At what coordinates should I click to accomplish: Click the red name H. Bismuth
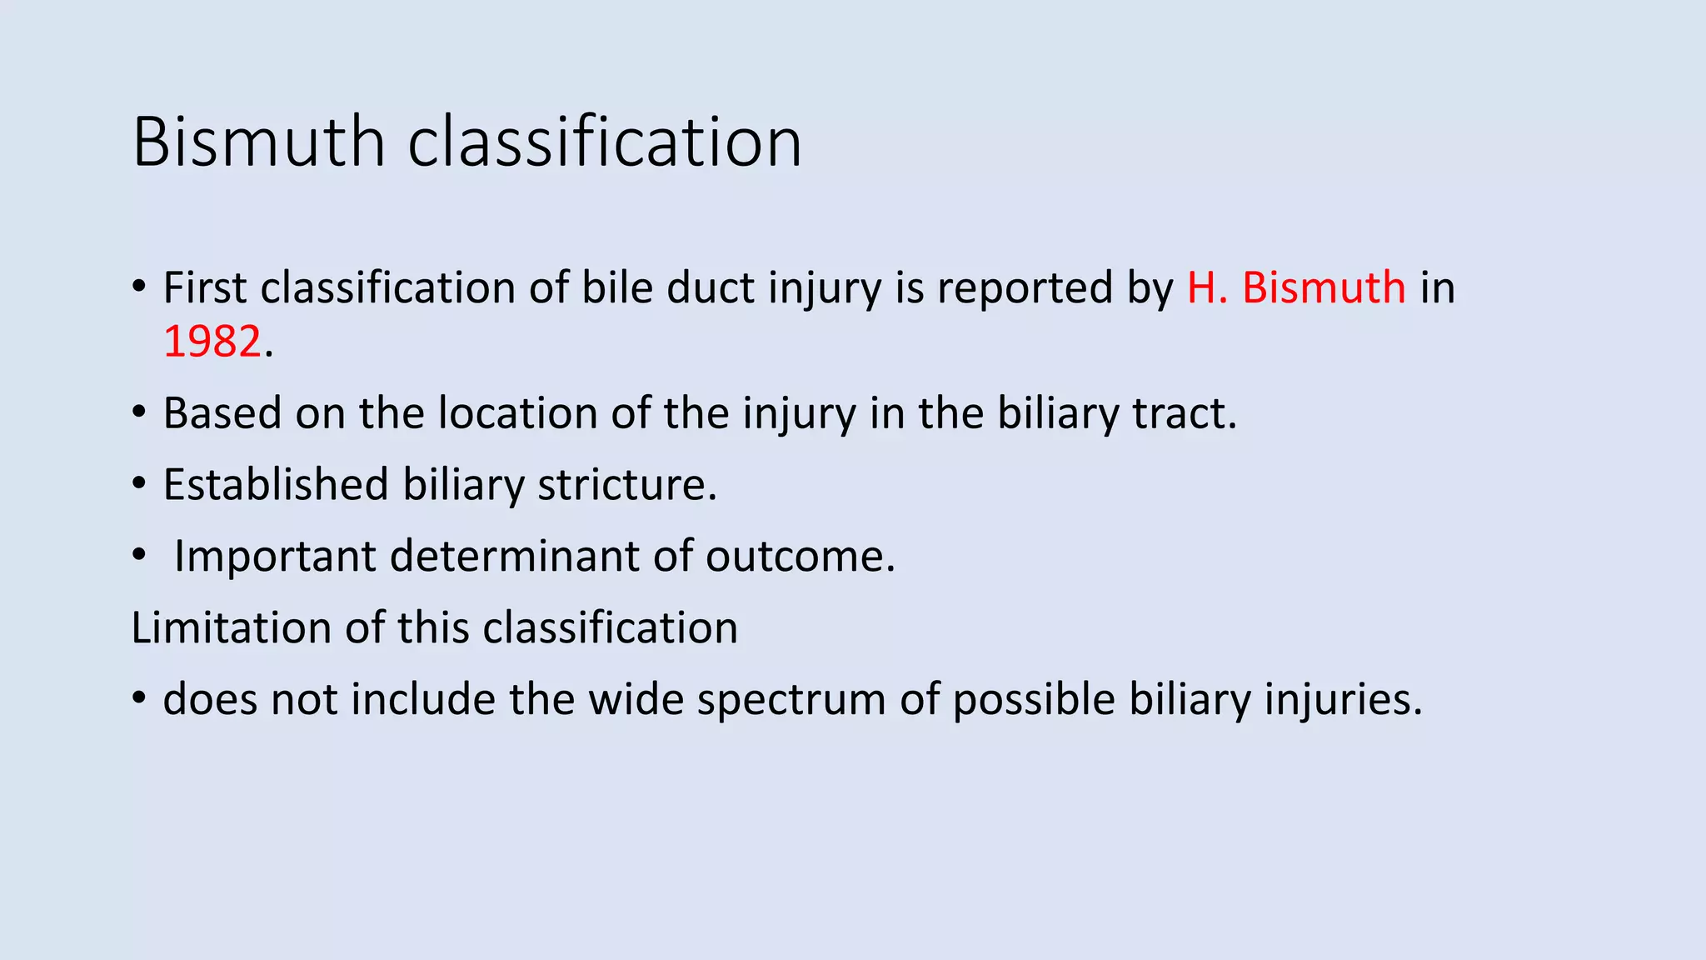[1296, 288]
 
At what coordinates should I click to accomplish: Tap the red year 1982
[212, 342]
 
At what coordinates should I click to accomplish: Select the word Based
[222, 413]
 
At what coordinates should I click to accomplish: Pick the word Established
[276, 485]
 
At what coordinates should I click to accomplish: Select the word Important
[275, 557]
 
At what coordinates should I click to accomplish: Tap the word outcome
[800, 557]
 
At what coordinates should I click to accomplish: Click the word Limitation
[231, 627]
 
